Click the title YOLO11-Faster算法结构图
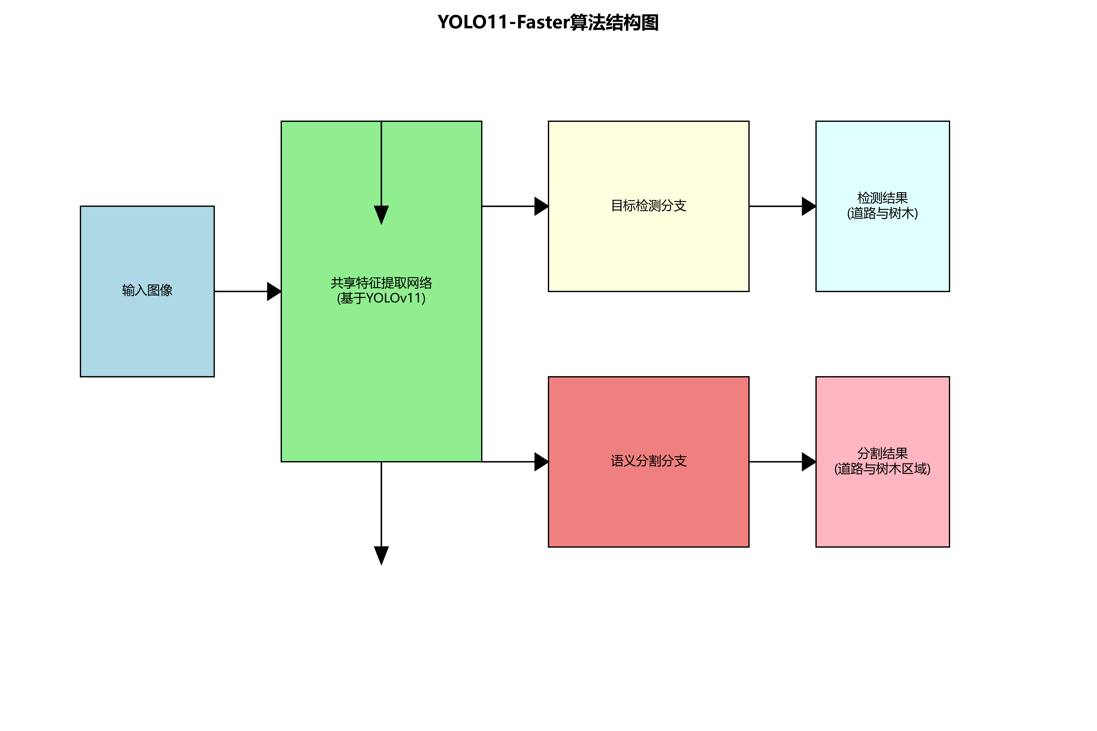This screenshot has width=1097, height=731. (548, 22)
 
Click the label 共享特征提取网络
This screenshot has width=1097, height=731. (381, 283)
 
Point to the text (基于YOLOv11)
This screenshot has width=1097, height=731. (381, 298)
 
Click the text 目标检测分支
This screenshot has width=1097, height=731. (648, 206)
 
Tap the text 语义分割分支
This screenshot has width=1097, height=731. (648, 461)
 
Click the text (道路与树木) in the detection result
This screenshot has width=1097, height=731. (882, 214)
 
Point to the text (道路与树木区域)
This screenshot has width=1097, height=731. (882, 469)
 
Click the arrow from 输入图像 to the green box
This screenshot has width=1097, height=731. (247, 291)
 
